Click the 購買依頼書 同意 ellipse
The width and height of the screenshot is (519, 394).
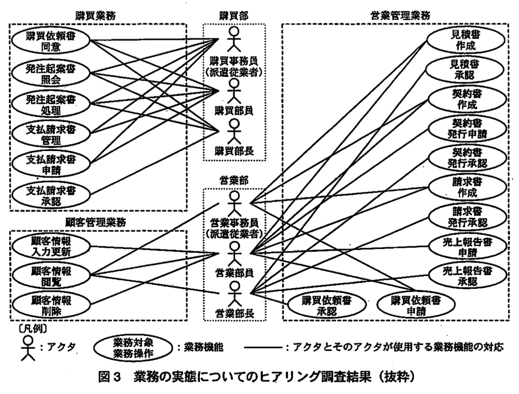[50, 41]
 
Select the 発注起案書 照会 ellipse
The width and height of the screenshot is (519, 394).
[50, 74]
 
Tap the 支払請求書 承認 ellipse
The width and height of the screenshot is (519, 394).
[50, 195]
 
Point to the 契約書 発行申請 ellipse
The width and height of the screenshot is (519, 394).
[467, 129]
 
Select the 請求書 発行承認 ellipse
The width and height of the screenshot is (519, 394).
[467, 217]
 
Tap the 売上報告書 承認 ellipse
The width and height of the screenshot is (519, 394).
[467, 276]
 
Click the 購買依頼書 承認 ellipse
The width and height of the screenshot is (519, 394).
[327, 306]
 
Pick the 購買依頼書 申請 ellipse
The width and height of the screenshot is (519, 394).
[416, 306]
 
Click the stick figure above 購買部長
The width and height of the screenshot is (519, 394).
[234, 131]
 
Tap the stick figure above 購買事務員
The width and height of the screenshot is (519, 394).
[234, 39]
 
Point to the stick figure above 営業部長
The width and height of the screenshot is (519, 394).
[235, 294]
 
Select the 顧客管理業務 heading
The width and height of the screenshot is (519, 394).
[96, 222]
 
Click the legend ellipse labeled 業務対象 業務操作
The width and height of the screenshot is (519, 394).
[133, 348]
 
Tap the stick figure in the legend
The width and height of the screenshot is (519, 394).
[28, 348]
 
